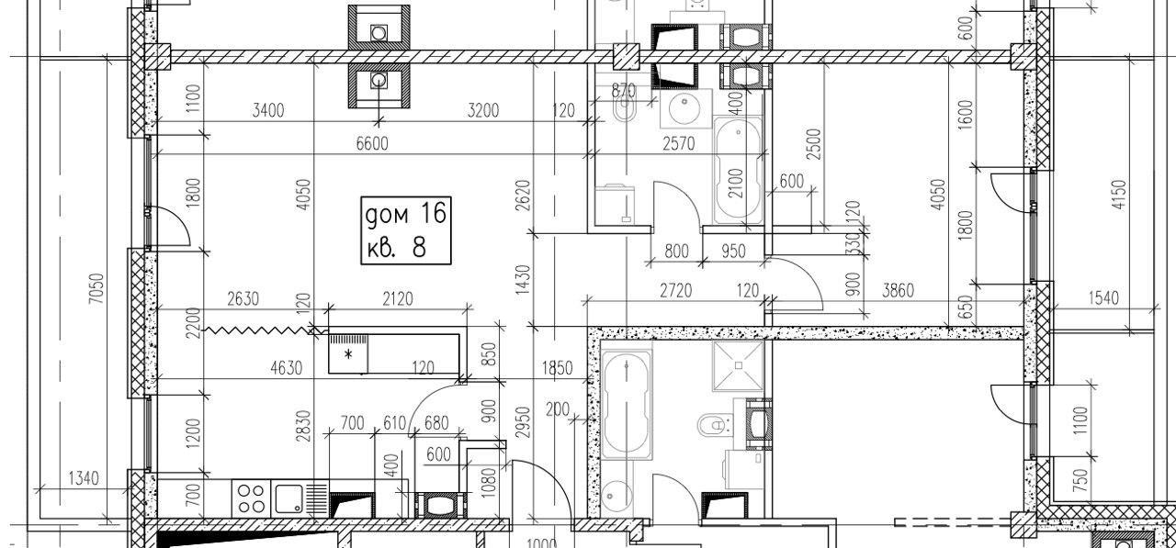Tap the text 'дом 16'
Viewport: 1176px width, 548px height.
[406, 214]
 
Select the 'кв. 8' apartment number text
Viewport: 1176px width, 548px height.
[396, 247]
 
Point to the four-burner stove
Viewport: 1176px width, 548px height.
[251, 498]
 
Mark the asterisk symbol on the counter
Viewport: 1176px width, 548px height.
[347, 355]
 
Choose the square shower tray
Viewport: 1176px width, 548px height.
[738, 366]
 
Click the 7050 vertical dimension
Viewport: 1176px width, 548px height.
[96, 288]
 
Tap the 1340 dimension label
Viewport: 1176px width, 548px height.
[84, 478]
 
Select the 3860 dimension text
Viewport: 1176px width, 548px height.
[898, 290]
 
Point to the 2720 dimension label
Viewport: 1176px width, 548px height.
[675, 290]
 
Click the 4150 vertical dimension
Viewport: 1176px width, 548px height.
[1119, 195]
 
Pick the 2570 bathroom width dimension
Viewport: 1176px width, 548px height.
[678, 143]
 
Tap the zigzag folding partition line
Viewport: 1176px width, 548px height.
[258, 330]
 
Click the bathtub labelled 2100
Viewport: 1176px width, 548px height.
[738, 170]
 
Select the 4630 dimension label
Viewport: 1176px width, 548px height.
[286, 368]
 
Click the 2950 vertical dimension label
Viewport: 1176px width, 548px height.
[524, 422]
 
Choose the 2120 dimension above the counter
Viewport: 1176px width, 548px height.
[398, 299]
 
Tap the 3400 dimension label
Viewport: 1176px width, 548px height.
[267, 110]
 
